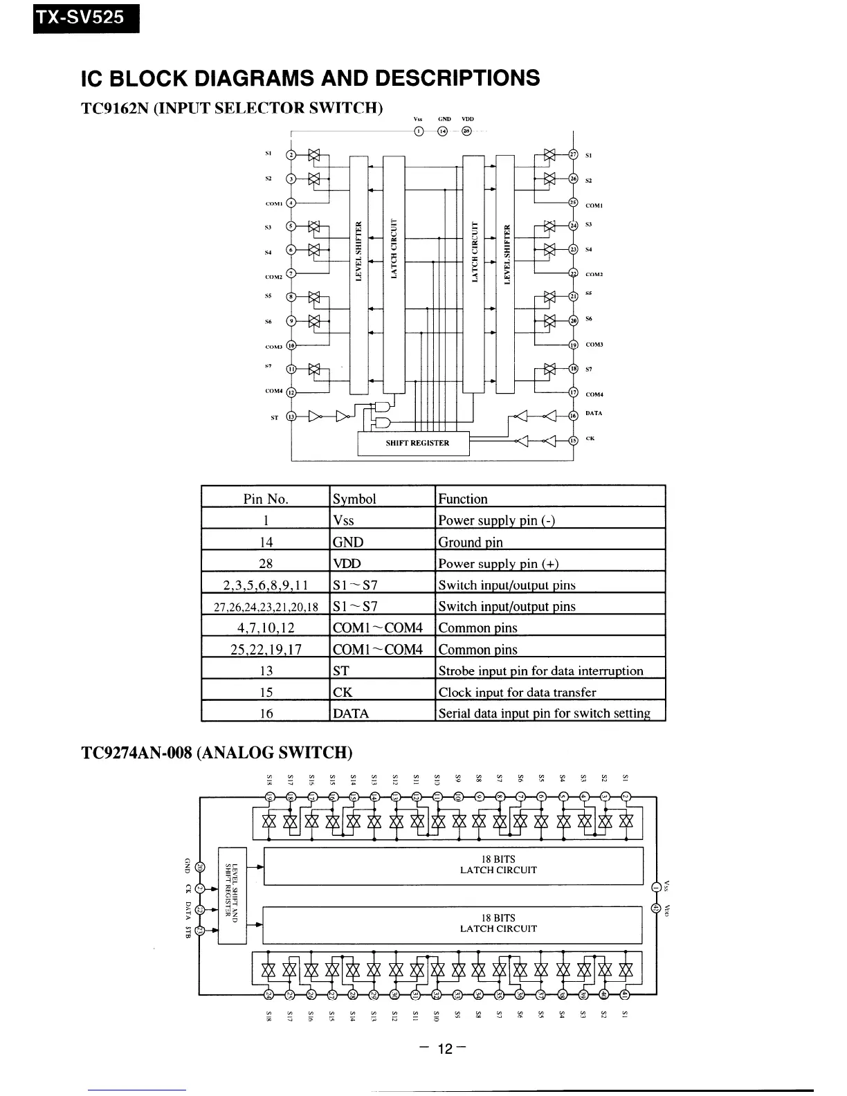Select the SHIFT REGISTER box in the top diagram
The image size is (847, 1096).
tap(413, 443)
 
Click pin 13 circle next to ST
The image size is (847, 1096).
tap(291, 417)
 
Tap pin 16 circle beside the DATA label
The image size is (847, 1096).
tap(572, 415)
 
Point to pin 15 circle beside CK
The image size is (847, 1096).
tap(572, 440)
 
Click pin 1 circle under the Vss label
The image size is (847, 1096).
tap(418, 131)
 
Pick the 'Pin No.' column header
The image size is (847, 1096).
tap(266, 499)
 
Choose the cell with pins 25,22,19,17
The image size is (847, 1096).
tap(266, 649)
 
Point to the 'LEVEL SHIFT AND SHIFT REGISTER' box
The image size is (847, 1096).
tap(233, 895)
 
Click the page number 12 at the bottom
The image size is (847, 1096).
tap(444, 1049)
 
